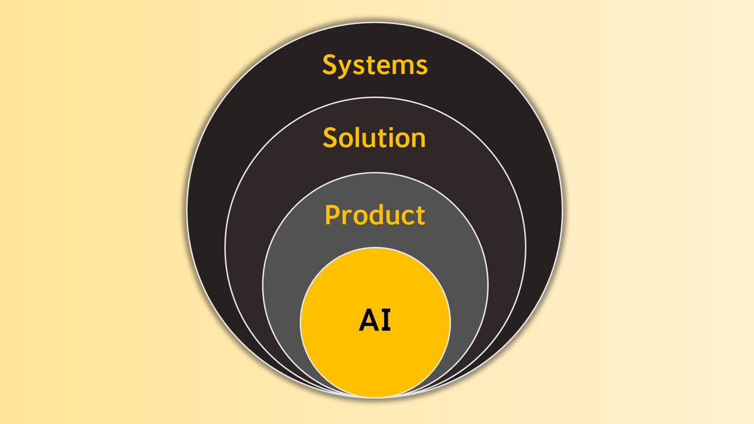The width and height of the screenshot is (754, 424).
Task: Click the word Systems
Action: point(375,65)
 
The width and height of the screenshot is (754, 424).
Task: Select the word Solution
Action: point(374,138)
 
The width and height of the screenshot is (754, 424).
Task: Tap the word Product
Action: point(374,215)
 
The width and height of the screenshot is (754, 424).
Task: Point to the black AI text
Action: point(375,320)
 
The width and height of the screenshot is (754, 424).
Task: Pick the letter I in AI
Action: point(386,320)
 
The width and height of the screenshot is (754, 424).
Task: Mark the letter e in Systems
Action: point(386,67)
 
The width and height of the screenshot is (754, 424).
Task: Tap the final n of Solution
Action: point(417,139)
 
